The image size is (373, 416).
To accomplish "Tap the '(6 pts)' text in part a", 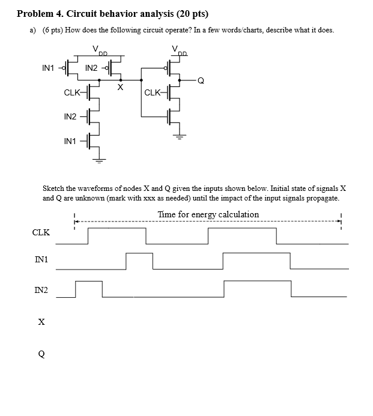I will point(53,30).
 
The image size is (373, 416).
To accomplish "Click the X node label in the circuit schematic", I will point(121,88).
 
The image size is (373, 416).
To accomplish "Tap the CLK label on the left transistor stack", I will point(72,93).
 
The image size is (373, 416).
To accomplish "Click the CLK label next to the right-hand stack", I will point(153,93).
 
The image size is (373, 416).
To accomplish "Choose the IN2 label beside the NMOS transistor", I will point(71,116).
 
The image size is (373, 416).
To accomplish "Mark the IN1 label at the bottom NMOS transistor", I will point(70,141).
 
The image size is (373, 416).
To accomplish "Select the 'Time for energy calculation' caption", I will point(208,214).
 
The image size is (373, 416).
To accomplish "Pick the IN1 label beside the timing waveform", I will point(41,259).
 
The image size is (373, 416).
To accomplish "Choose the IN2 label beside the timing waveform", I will point(41,291).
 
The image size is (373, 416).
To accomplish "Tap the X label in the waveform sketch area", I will point(41,322).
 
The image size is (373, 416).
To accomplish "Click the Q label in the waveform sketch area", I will point(41,354).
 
